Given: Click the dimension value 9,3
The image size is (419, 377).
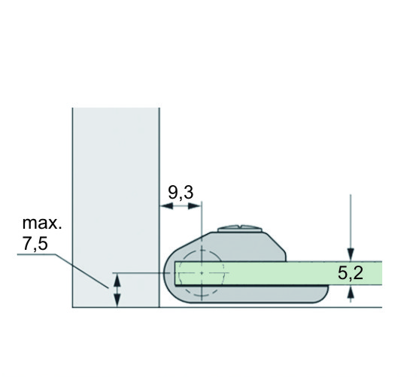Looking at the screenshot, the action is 181,192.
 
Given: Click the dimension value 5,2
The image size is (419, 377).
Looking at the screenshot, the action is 351,273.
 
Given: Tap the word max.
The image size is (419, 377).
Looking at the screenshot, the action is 42,223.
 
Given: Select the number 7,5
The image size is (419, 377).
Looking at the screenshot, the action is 35,244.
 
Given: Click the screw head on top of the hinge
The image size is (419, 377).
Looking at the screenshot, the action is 239,229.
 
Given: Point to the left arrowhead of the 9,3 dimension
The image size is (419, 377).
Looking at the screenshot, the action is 166,206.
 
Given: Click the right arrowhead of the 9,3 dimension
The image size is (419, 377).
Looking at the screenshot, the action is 195,206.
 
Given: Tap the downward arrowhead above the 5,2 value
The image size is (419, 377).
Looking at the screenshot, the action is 351,254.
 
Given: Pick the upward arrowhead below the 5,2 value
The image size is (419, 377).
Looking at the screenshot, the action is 351,292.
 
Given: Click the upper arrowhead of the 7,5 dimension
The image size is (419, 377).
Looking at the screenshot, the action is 117,280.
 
